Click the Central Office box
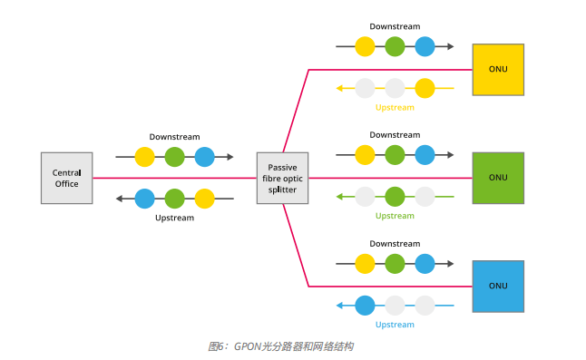tap(66, 178)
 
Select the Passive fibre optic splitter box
tap(282, 178)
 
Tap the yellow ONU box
tap(498, 69)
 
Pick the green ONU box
tap(498, 178)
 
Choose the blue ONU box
tap(498, 286)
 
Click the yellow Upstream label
tap(395, 108)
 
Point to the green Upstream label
tap(395, 216)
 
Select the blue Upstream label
tap(395, 325)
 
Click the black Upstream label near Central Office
tap(174, 218)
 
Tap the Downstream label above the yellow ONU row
tap(395, 26)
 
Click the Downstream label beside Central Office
tap(174, 137)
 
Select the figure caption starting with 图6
tap(280, 346)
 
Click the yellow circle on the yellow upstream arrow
tap(425, 88)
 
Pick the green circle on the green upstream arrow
tap(395, 197)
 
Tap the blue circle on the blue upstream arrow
tap(365, 306)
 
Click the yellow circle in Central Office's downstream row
tap(145, 157)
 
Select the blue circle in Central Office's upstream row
tap(145, 199)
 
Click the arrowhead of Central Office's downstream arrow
tap(230, 157)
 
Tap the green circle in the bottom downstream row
tap(395, 264)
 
